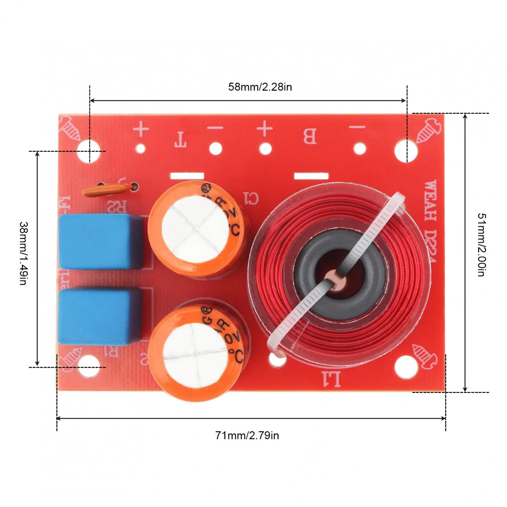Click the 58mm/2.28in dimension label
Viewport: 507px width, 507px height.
[x=260, y=87]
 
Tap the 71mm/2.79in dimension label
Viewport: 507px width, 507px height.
[x=247, y=435]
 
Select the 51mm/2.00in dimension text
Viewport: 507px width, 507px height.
[x=481, y=244]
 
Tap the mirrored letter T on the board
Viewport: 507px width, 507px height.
[x=180, y=140]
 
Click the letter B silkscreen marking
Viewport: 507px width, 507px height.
[x=309, y=136]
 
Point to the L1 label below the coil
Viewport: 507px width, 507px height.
[x=332, y=379]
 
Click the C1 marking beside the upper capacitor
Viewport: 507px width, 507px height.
[x=251, y=198]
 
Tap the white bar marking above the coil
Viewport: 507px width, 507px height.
[x=311, y=176]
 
